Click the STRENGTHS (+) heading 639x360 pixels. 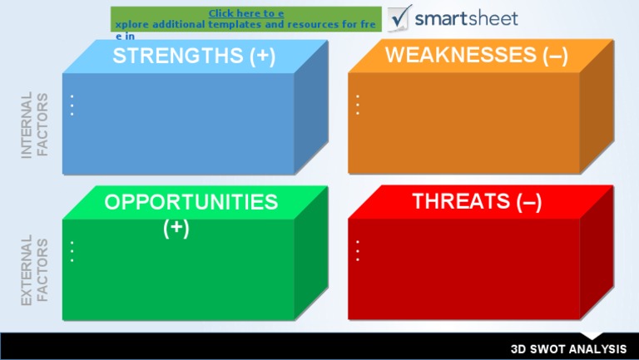194,56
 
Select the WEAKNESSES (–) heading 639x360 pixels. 477,55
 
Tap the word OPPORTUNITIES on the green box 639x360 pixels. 191,202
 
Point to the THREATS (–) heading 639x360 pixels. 477,201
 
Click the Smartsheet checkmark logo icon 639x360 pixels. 400,17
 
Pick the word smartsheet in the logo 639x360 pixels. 466,18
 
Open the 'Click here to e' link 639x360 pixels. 246,13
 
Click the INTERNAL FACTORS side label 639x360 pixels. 35,125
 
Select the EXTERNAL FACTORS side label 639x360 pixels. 35,270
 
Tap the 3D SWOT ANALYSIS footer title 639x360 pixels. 568,348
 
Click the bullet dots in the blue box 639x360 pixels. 72,106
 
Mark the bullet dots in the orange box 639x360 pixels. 358,106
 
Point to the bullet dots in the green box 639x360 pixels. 72,252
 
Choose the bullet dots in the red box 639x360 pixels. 358,251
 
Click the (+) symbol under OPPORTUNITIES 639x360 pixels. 176,227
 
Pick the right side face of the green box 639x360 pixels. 310,258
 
